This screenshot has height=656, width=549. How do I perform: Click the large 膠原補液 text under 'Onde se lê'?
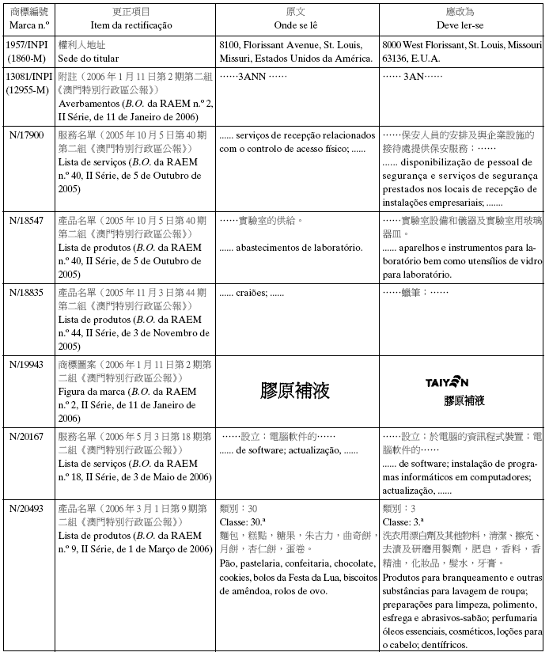click(x=295, y=390)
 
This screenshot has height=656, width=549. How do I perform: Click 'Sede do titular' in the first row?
click(x=89, y=59)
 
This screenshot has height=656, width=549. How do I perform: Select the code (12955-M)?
click(x=27, y=91)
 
